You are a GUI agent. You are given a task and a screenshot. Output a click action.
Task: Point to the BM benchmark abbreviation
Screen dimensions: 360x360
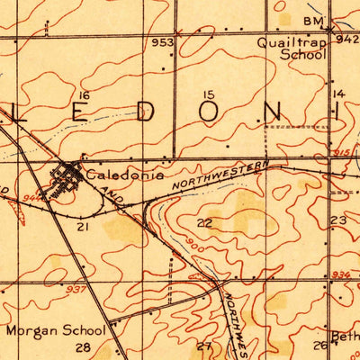[312, 20]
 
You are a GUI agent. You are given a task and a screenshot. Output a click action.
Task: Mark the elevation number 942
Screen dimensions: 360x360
[347, 40]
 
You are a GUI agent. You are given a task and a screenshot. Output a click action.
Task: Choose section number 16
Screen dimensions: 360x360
[85, 95]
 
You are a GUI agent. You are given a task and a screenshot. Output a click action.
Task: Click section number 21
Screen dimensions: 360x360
[84, 229]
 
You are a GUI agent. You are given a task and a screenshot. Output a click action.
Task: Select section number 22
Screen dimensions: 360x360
[205, 222]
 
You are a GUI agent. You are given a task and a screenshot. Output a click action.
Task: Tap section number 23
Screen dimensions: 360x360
[338, 220]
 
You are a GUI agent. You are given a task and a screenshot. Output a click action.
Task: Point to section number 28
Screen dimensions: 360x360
[84, 346]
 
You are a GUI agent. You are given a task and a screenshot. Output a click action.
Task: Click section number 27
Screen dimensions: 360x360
[204, 346]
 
